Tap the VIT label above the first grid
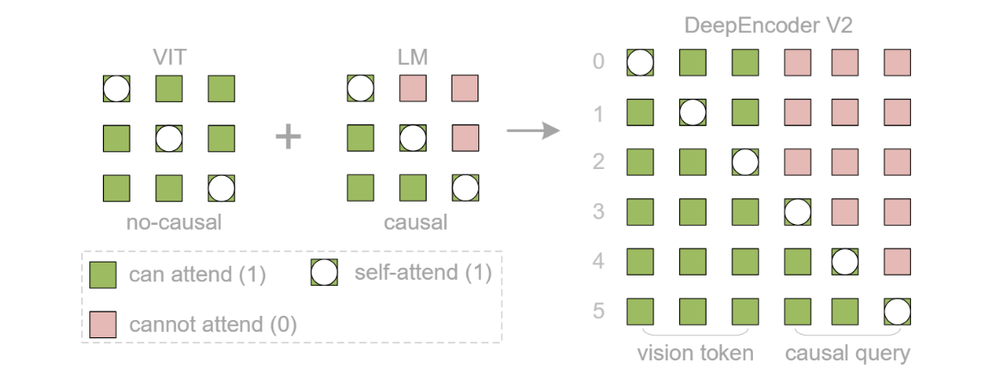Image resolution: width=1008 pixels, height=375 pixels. click(169, 58)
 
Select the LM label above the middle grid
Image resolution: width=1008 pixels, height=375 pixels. click(413, 58)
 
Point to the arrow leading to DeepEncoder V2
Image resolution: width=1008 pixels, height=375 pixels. click(533, 131)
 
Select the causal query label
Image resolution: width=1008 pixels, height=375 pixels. click(847, 353)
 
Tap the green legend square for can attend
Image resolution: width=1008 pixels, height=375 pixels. click(103, 275)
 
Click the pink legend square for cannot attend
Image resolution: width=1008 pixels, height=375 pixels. click(103, 324)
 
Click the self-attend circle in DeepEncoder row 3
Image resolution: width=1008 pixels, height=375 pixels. click(798, 211)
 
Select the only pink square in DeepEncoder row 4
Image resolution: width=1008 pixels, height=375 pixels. click(897, 261)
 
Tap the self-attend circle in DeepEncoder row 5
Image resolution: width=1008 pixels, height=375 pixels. click(897, 311)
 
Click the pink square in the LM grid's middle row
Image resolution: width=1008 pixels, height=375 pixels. click(465, 137)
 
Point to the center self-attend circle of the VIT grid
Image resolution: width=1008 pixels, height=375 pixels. click(169, 137)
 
